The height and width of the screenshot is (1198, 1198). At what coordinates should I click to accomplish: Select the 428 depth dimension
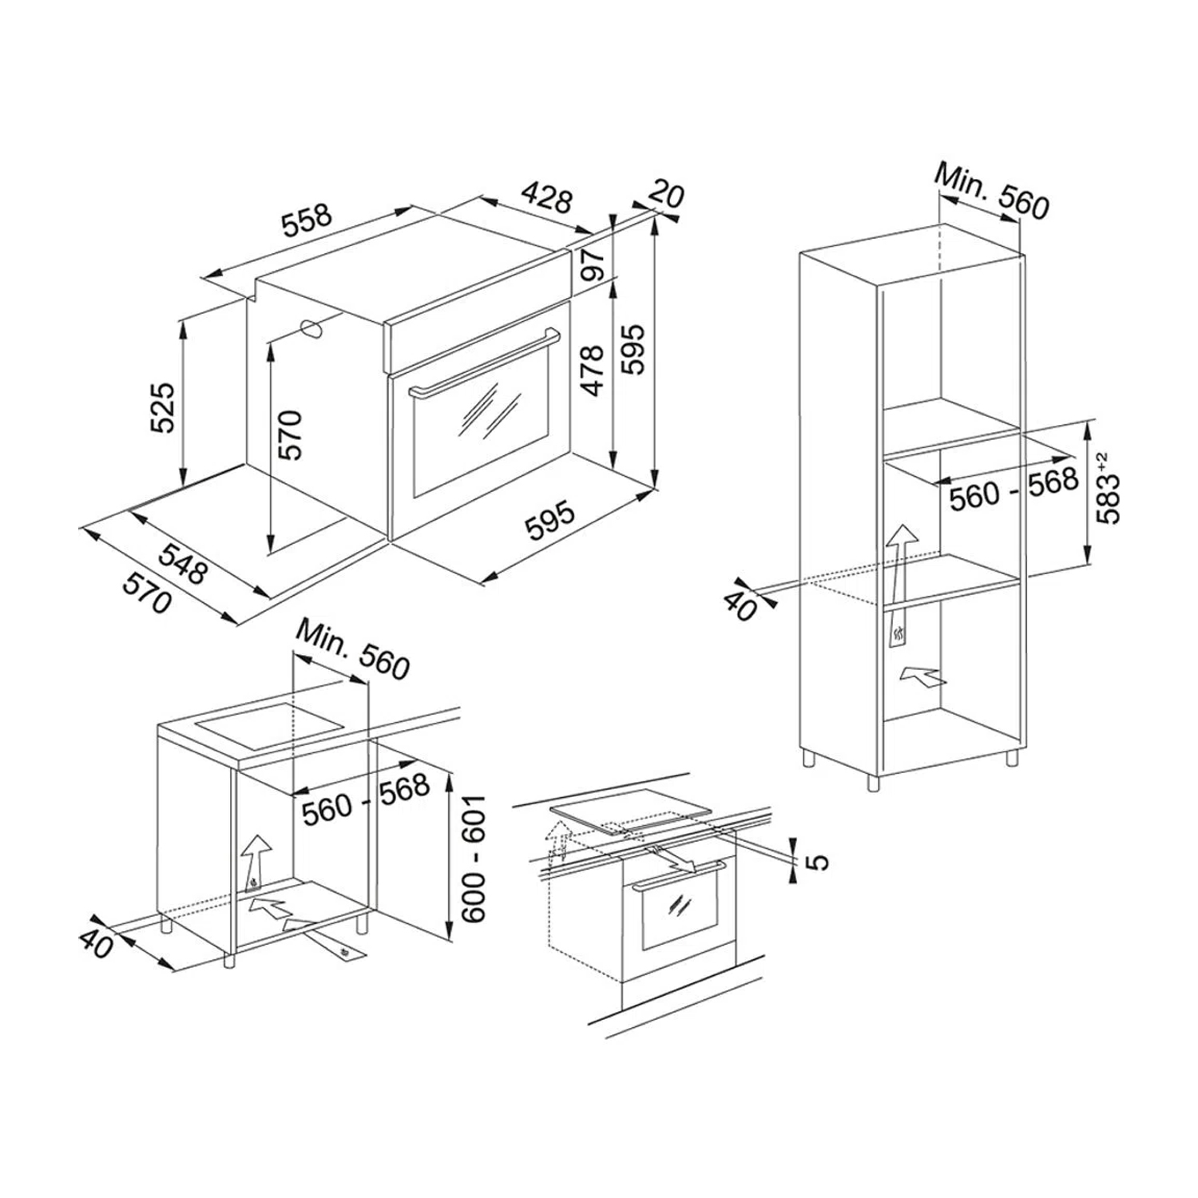click(547, 199)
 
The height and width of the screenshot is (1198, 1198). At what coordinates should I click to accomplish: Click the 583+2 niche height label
click(1108, 488)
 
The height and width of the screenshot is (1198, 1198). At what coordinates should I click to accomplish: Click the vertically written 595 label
click(633, 349)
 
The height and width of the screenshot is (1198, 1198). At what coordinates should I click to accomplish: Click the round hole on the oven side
click(312, 328)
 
